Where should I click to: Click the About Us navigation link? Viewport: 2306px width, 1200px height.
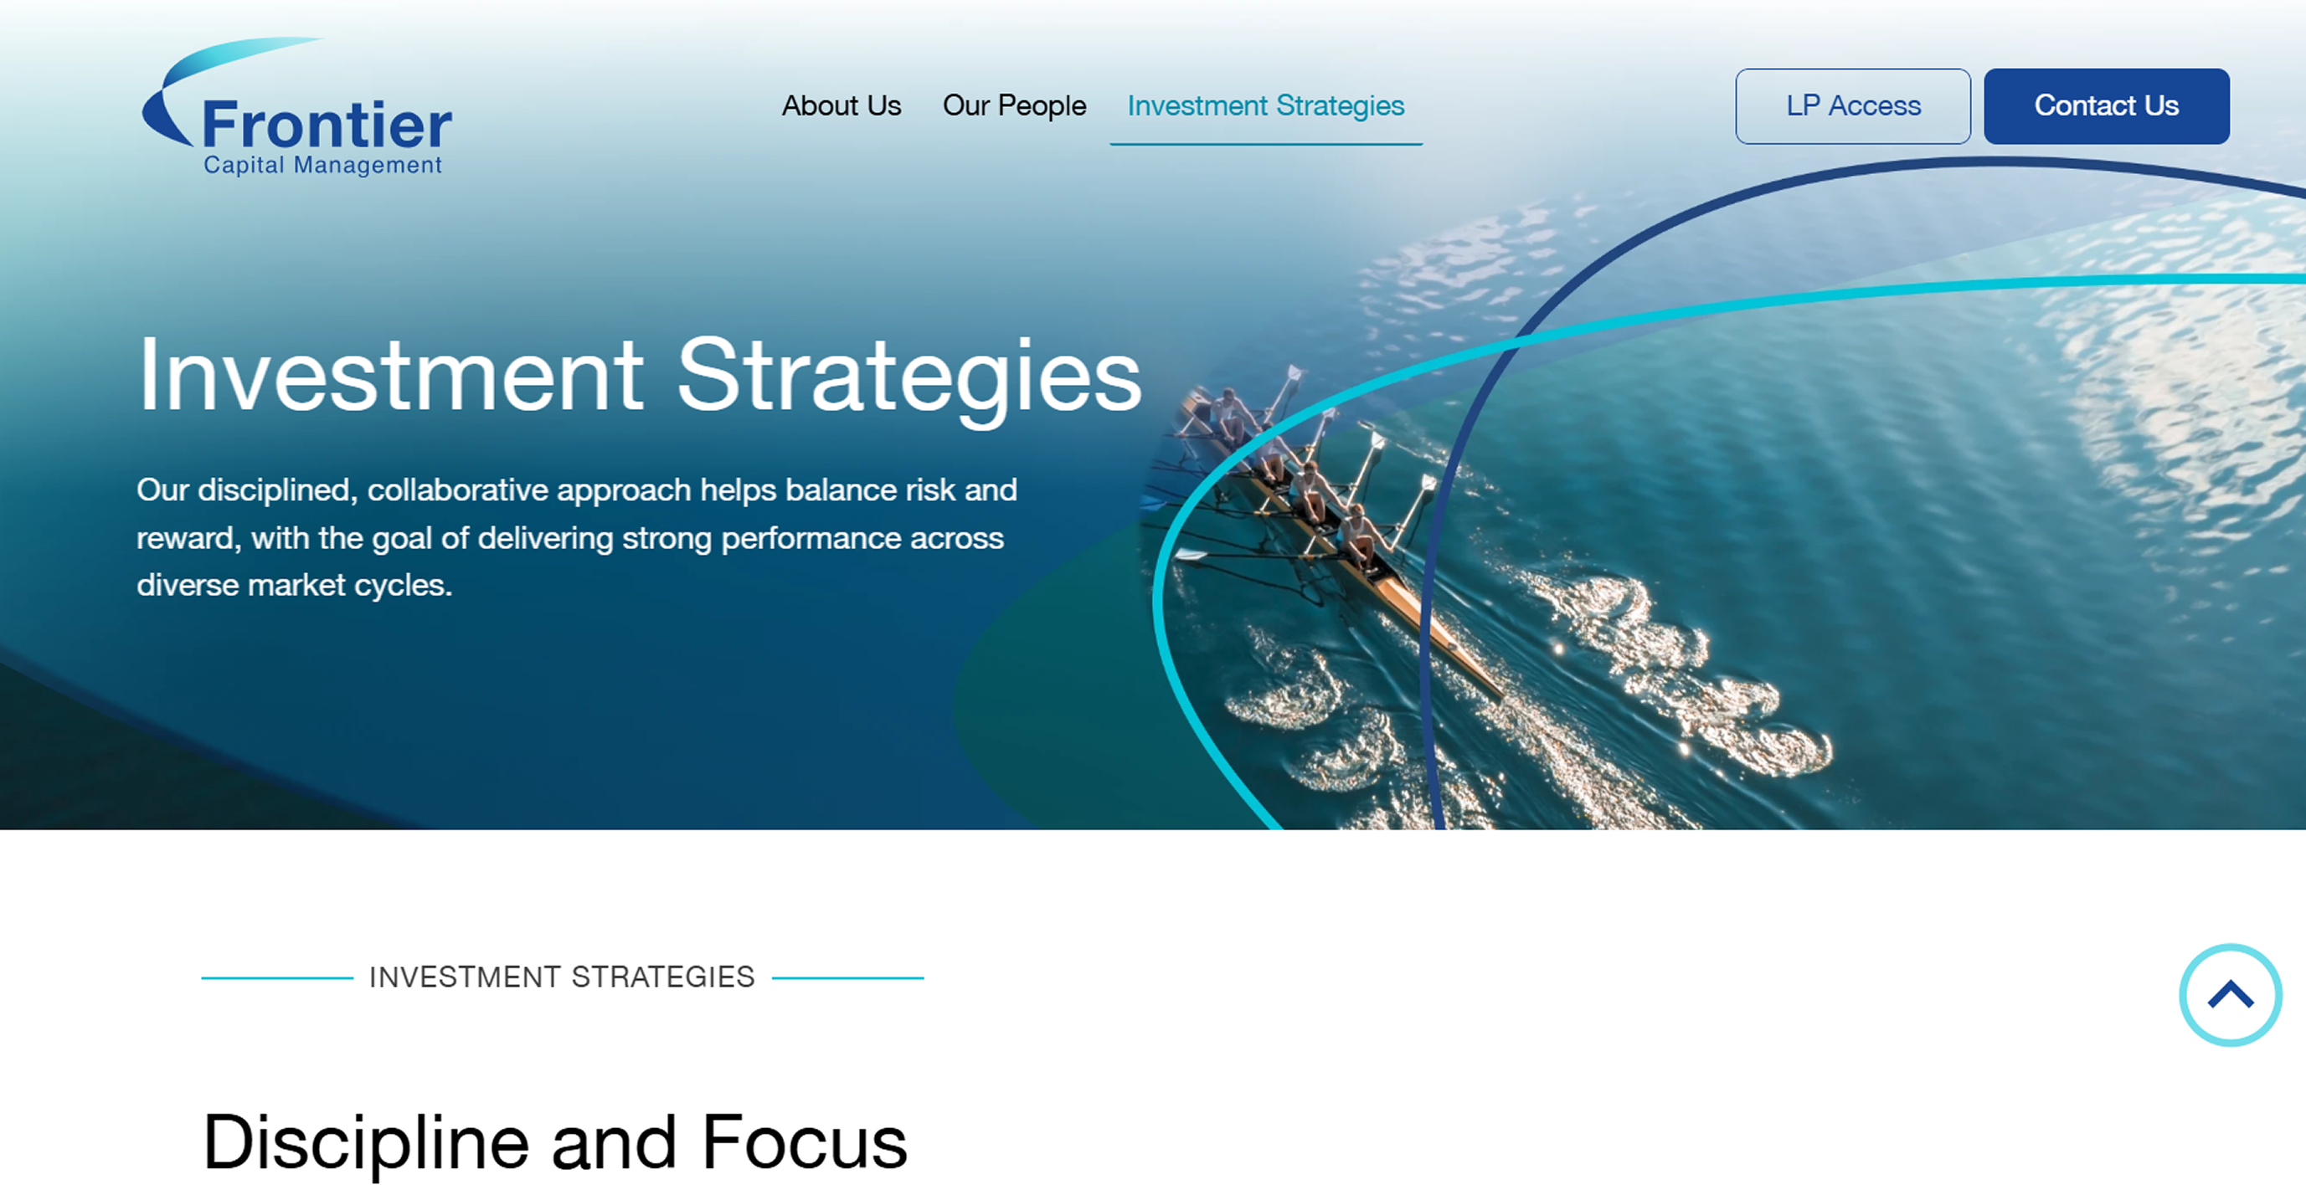(841, 105)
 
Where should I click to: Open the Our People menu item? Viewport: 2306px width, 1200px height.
(1013, 105)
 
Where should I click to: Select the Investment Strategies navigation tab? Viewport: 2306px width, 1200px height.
(1265, 105)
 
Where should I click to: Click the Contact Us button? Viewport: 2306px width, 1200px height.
(2106, 105)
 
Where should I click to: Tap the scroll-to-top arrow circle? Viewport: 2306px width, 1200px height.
(2229, 994)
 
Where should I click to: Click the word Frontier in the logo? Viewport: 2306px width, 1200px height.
(327, 126)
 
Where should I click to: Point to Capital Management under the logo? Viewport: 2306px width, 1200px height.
(322, 166)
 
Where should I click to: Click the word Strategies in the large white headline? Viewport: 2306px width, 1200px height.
(908, 376)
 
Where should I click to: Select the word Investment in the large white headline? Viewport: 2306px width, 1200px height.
(390, 376)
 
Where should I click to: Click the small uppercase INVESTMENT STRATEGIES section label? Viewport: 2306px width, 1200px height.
(561, 977)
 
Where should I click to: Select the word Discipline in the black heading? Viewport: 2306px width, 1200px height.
(366, 1143)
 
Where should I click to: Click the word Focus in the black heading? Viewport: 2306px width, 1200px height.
(804, 1143)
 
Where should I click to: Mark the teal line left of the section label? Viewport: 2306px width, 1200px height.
(276, 978)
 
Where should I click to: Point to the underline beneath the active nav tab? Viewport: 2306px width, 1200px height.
(1265, 143)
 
